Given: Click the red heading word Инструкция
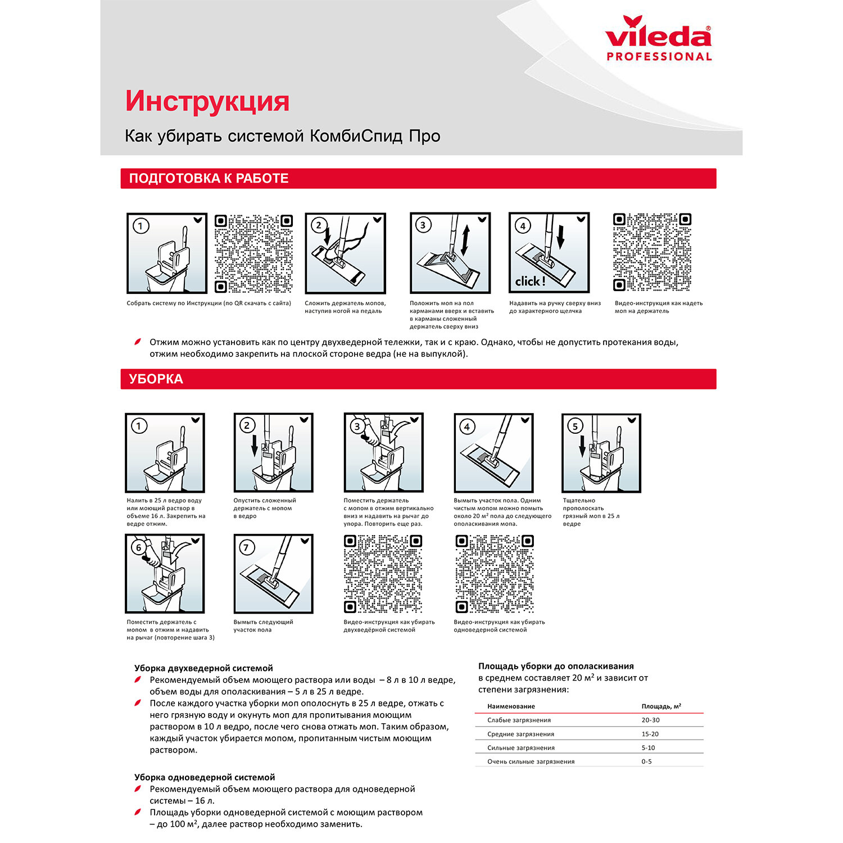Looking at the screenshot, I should (207, 101).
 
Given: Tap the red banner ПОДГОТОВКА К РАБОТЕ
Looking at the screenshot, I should (418, 179).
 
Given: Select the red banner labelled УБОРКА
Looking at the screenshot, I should (418, 379).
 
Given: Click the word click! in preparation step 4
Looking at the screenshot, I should (530, 281).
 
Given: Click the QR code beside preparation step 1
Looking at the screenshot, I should (253, 253).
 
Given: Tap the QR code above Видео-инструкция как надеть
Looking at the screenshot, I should (652, 252).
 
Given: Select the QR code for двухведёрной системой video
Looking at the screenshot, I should (383, 574).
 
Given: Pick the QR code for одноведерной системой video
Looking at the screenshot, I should (494, 574).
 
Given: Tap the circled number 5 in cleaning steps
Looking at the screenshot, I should (575, 426).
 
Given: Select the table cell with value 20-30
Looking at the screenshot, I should (650, 720).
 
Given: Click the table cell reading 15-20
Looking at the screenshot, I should (650, 734).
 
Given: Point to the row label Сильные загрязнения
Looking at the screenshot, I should (520, 748).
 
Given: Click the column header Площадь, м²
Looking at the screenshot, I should (661, 706).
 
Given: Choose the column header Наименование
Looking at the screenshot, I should (511, 706).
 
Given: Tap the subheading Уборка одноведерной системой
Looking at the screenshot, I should (205, 777).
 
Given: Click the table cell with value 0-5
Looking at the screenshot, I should (646, 762).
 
